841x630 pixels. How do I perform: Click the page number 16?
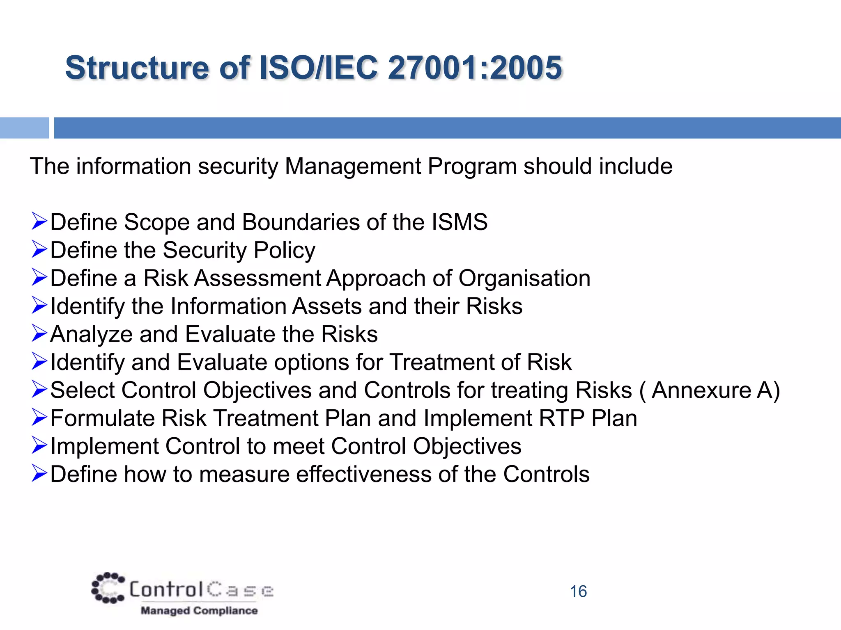click(578, 591)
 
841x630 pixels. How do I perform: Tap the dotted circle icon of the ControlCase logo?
click(108, 588)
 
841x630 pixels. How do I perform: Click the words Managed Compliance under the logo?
click(199, 611)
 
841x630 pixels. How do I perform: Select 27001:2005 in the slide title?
click(475, 68)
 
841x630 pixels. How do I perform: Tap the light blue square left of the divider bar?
click(24, 128)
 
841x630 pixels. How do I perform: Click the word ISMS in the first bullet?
click(460, 222)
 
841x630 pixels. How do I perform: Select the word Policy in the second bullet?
click(285, 250)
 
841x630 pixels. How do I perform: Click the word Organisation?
click(524, 278)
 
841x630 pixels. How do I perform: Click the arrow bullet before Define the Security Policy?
click(39, 250)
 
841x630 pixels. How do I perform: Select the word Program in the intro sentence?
click(472, 167)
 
